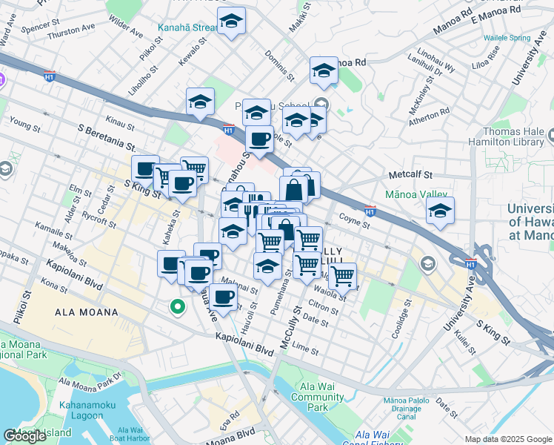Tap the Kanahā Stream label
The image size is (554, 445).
187,30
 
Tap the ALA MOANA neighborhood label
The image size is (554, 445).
87,312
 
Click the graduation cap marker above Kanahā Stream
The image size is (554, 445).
232,22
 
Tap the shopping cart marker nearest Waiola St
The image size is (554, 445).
341,276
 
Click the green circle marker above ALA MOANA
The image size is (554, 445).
177,306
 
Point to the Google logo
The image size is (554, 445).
24,435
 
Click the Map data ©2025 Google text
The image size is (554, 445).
507,439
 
